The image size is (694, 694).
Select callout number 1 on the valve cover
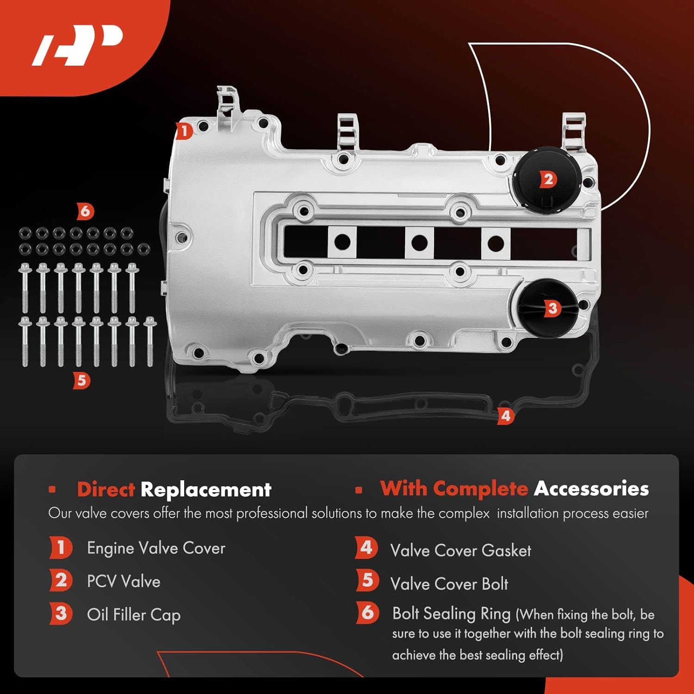[184, 131]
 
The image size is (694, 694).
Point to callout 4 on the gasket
[506, 415]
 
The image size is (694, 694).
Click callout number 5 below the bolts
[81, 380]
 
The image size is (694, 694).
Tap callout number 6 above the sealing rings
[85, 211]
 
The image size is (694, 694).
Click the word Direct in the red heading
[106, 490]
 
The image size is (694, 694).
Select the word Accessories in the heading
[591, 489]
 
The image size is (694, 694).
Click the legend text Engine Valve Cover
[156, 548]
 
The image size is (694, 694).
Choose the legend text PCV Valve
[124, 582]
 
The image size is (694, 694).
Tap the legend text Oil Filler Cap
[134, 615]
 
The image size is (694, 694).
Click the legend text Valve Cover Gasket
[460, 551]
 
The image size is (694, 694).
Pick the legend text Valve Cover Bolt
[449, 584]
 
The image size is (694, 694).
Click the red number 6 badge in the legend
[367, 613]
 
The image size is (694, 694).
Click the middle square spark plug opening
[419, 242]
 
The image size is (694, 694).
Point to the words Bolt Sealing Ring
[451, 613]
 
